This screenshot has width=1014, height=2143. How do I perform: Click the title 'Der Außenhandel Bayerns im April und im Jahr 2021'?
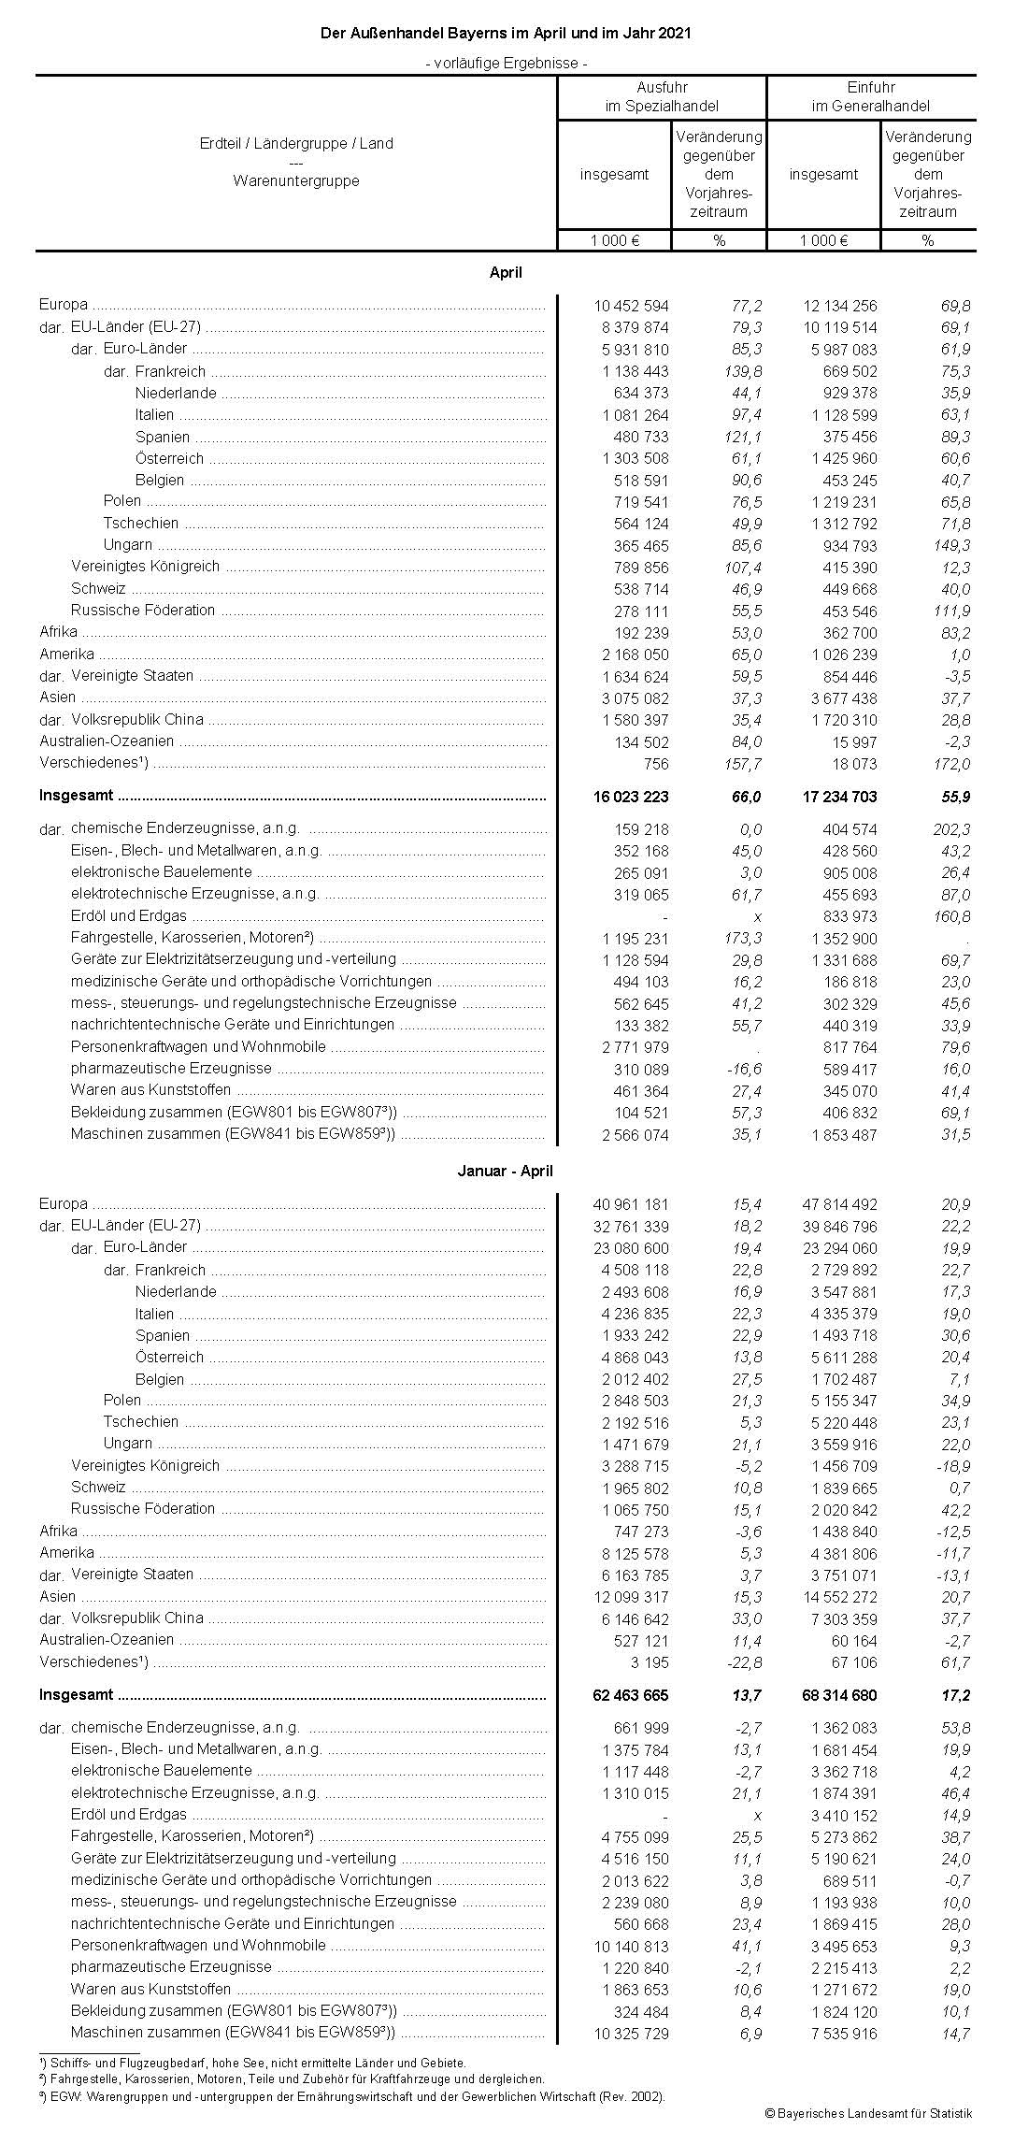tap(506, 33)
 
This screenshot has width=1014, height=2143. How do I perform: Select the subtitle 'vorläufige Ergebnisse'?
tap(506, 64)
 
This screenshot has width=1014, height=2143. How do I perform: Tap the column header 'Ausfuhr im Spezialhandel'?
tap(662, 96)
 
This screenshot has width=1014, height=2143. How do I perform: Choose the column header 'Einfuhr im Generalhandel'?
tap(871, 96)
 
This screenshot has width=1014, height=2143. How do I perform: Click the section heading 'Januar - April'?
tap(506, 1171)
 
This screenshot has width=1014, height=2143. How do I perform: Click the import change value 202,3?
tap(952, 829)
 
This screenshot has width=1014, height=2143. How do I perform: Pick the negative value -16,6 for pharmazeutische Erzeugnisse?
tap(744, 1069)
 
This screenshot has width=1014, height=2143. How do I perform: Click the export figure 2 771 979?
tap(634, 1047)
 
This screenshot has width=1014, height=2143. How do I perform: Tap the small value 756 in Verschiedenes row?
tap(656, 764)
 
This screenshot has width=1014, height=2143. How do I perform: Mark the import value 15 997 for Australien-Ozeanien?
tap(854, 741)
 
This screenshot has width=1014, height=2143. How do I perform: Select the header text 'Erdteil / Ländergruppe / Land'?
tap(296, 143)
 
